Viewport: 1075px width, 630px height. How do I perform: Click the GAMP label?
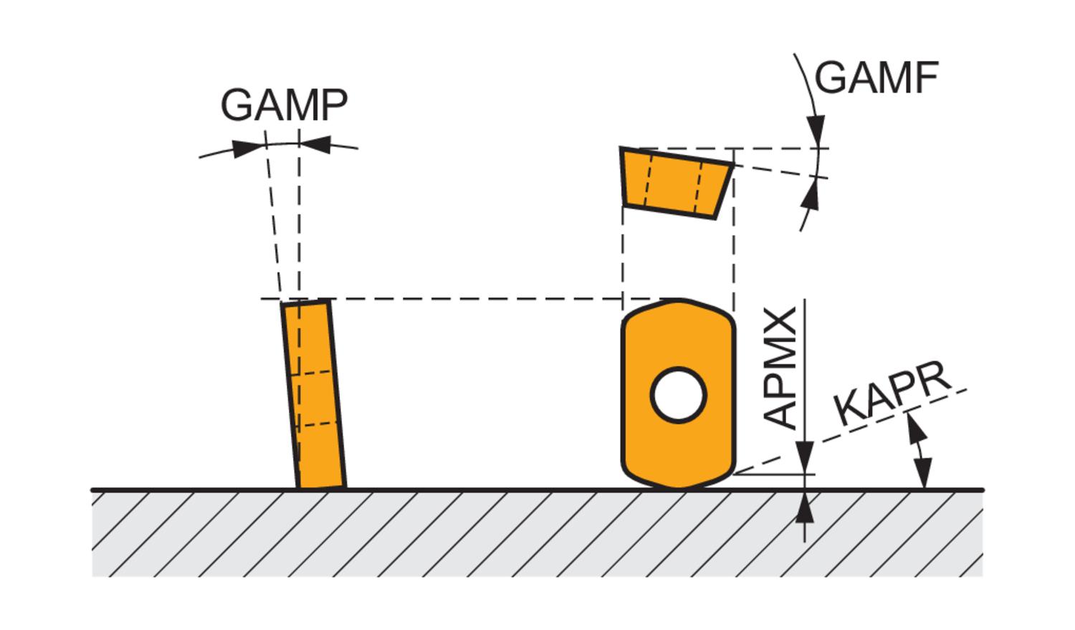pyautogui.click(x=284, y=105)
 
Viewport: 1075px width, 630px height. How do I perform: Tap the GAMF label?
pyautogui.click(x=876, y=77)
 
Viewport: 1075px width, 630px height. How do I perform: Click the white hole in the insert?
pyautogui.click(x=678, y=394)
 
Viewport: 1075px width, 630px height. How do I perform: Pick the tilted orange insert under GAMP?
pyautogui.click(x=313, y=394)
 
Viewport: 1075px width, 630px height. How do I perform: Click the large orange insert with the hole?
pyautogui.click(x=678, y=430)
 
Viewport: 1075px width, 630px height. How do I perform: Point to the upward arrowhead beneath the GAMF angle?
pyautogui.click(x=811, y=194)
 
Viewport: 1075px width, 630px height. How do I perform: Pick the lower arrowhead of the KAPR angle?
pyautogui.click(x=924, y=475)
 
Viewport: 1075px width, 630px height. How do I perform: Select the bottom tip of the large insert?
pyautogui.click(x=681, y=487)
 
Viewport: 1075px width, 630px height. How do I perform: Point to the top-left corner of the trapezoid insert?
pyautogui.click(x=621, y=149)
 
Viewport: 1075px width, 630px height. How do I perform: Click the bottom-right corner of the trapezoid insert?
pyautogui.click(x=715, y=217)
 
